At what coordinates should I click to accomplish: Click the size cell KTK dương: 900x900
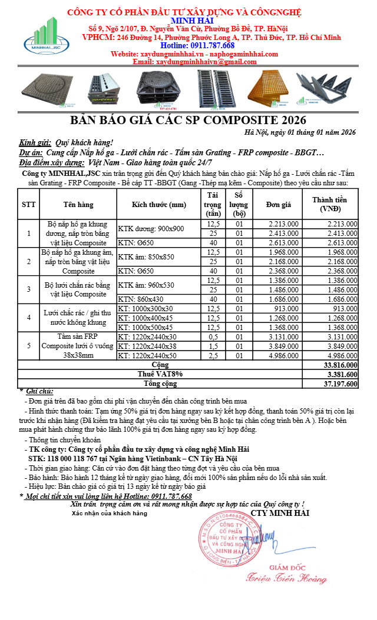151,229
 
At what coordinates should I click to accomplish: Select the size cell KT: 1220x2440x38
147,346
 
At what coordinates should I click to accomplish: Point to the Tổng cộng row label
161,384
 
